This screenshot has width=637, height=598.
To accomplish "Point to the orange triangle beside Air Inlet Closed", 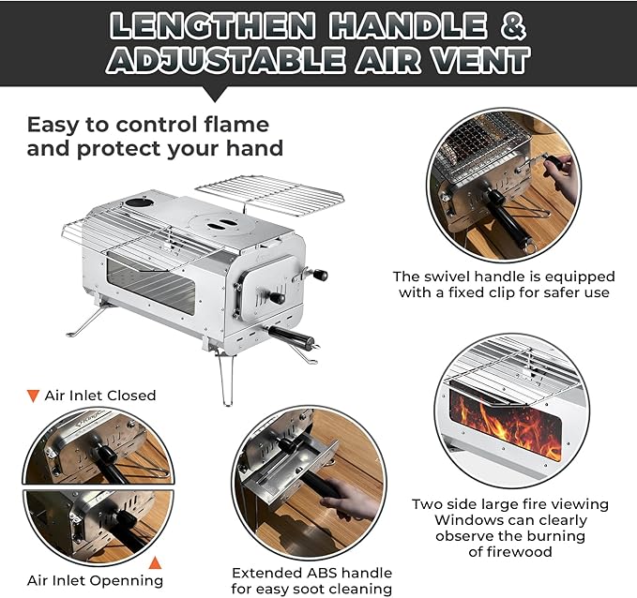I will pyautogui.click(x=33, y=396).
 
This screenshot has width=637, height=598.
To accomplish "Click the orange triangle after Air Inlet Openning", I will pyautogui.click(x=156, y=563).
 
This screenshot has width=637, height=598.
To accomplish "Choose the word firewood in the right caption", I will pyautogui.click(x=511, y=553).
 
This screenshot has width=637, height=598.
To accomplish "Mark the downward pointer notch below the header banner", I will pyautogui.click(x=216, y=94).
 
